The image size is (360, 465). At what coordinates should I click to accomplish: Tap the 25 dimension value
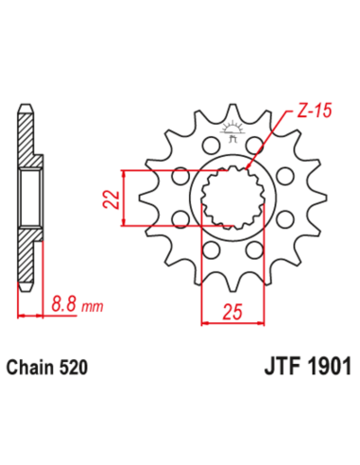[232, 312]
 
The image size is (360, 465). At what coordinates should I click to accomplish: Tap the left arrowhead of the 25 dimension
[204, 322]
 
